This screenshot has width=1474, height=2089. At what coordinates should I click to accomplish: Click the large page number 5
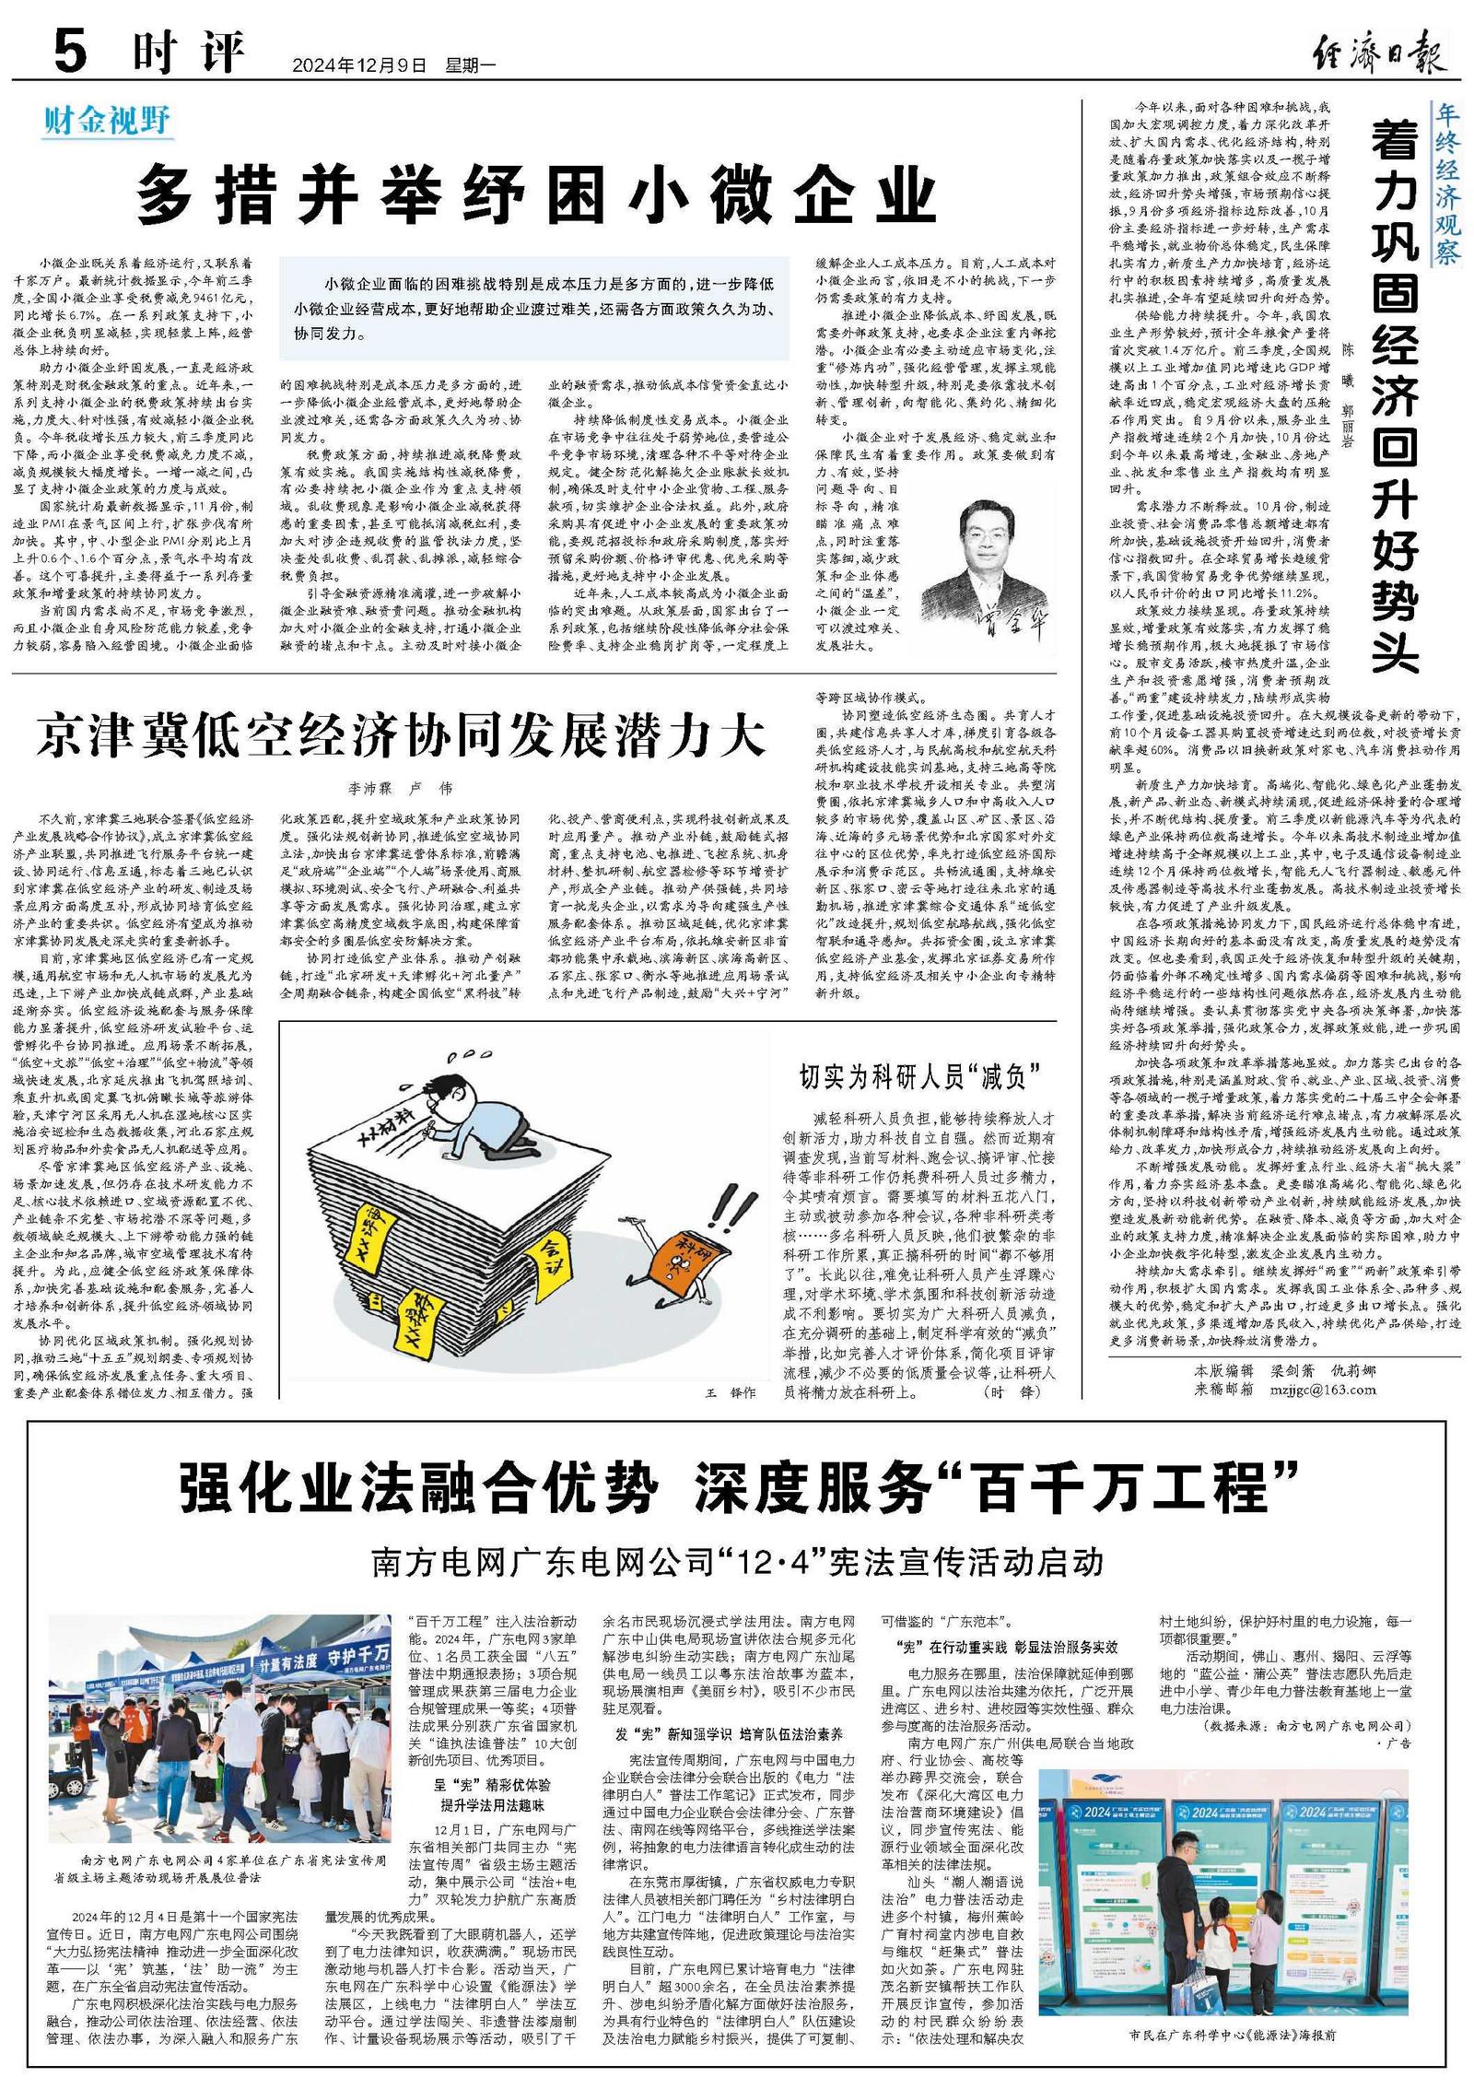pos(70,50)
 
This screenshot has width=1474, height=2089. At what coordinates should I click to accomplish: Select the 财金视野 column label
pos(107,121)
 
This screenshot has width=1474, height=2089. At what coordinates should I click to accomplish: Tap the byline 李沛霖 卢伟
pos(401,789)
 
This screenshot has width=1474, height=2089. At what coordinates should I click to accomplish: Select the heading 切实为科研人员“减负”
pos(919,1075)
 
